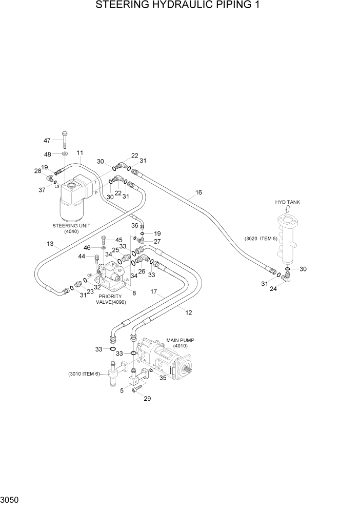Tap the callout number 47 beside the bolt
[x=47, y=141]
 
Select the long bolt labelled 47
[x=65, y=140]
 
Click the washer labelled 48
[x=65, y=154]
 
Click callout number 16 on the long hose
[x=198, y=193]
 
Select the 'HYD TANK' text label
[x=287, y=202]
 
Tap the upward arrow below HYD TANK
[x=287, y=210]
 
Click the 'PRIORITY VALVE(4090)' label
[x=111, y=299]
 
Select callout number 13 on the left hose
[x=50, y=244]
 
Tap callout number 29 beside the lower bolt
[x=148, y=399]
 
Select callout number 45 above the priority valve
[x=119, y=240]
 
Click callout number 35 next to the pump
[x=163, y=379]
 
